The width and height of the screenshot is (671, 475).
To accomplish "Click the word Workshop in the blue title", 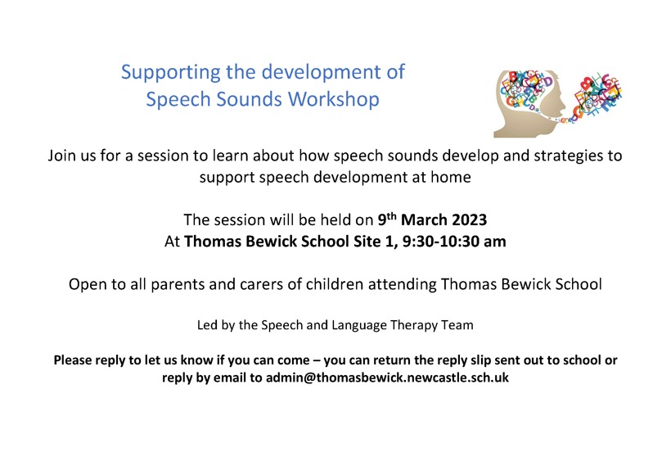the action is [333, 99].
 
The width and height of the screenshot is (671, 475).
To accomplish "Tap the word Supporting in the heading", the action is [171, 73].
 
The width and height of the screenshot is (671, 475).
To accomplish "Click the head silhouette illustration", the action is [557, 104].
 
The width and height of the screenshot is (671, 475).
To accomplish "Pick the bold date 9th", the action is [387, 219].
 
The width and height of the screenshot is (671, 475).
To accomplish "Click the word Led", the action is [207, 325].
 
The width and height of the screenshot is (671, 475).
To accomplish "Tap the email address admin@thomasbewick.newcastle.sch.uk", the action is [387, 378].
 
